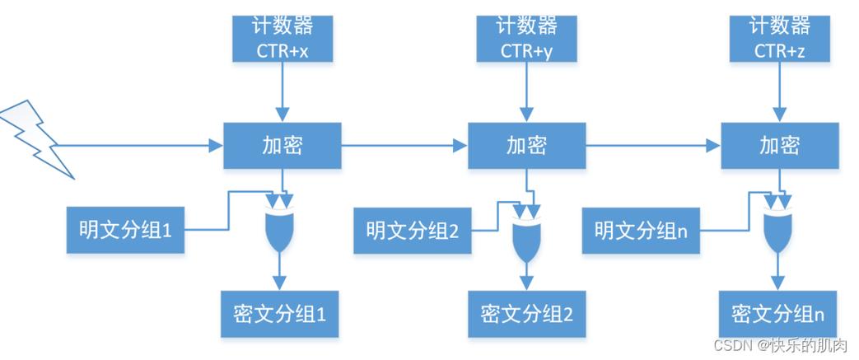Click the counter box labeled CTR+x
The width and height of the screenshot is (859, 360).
click(282, 39)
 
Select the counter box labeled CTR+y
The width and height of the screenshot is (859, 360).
click(528, 39)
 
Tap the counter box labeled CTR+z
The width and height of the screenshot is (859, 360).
click(779, 39)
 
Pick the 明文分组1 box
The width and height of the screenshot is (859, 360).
click(125, 230)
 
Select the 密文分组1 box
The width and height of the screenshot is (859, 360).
click(280, 314)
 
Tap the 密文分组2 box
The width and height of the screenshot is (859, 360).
click(527, 314)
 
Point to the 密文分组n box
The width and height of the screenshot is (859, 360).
click(778, 314)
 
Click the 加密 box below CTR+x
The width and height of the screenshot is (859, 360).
click(282, 147)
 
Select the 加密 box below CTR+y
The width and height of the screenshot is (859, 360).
click(527, 147)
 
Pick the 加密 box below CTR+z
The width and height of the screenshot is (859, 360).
click(779, 147)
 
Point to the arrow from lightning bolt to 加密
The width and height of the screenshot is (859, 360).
click(140, 147)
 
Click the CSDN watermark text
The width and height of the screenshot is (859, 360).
click(780, 345)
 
